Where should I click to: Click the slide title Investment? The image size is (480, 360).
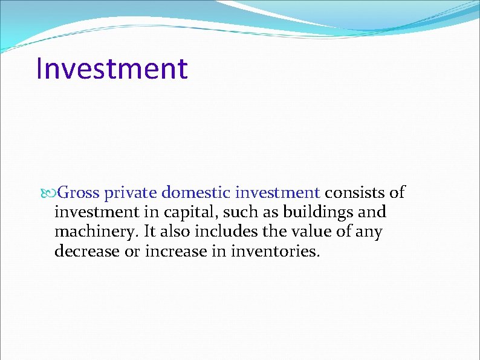pos(112,68)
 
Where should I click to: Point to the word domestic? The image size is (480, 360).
pos(196,193)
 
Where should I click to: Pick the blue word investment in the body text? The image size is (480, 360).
pos(277,193)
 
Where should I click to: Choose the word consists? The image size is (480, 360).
pos(355,193)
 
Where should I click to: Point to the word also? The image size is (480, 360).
pos(173,231)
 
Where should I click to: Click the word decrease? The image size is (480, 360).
pos(87,250)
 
